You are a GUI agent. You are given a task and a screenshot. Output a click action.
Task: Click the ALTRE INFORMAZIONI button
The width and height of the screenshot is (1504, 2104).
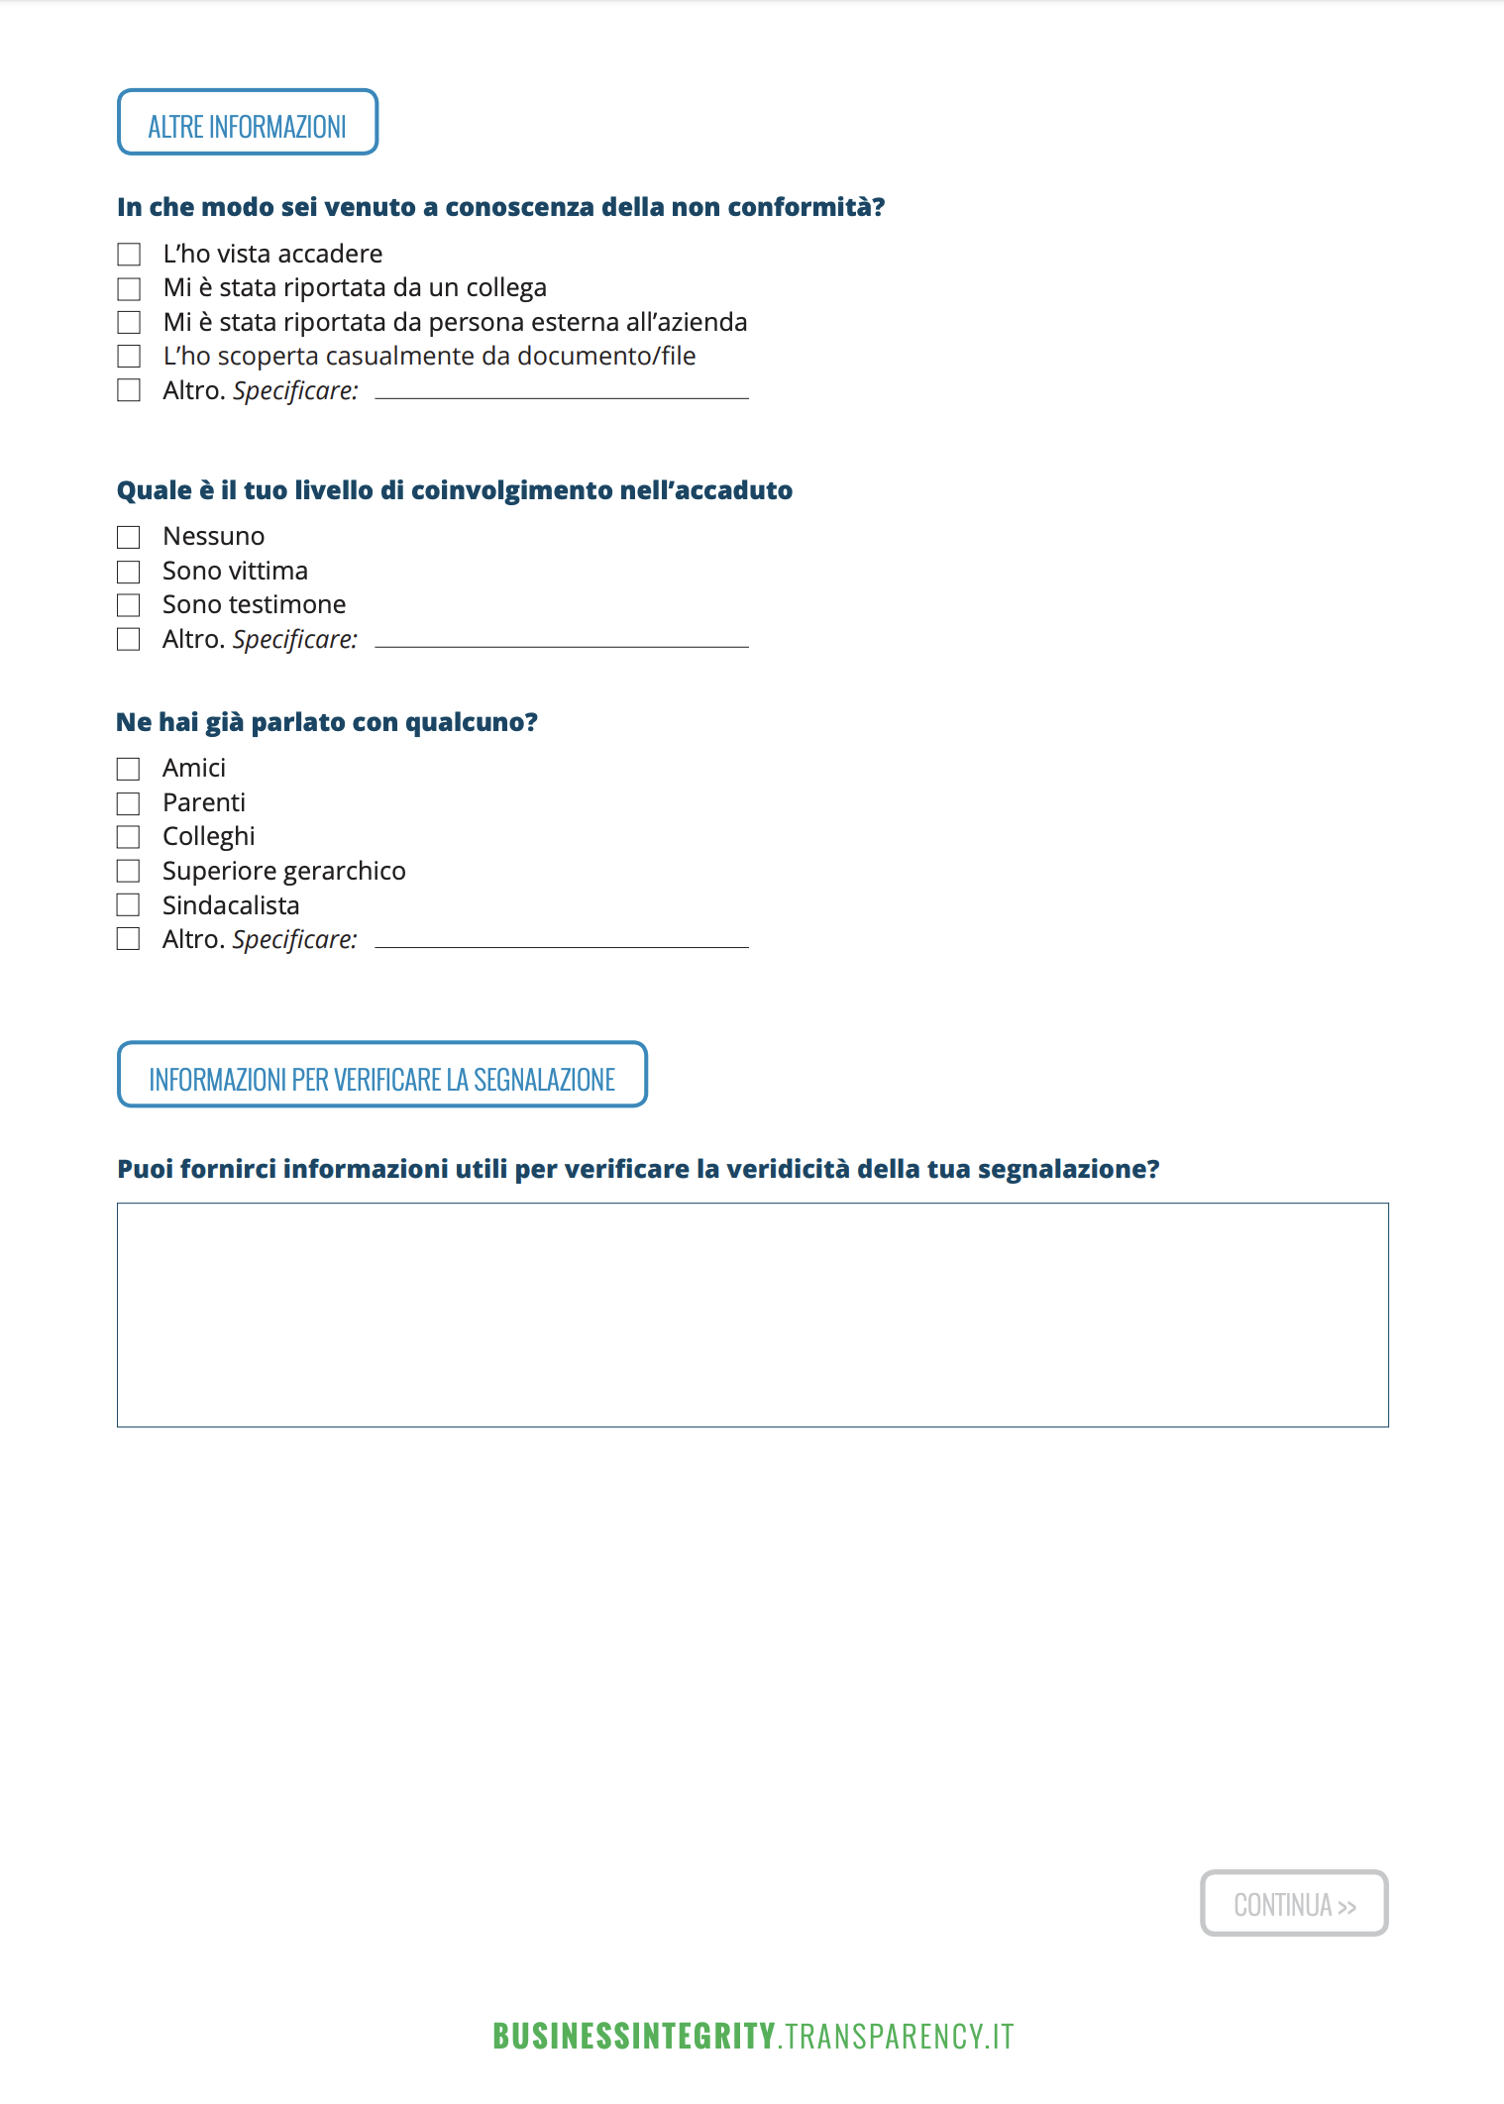click(x=248, y=123)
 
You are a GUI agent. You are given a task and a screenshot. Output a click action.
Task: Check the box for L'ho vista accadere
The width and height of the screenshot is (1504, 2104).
click(x=129, y=255)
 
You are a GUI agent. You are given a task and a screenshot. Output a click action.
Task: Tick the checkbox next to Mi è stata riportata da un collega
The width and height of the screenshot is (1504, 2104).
click(x=129, y=288)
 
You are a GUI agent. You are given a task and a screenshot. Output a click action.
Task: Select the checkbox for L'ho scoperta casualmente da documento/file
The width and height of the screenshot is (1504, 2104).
click(x=129, y=357)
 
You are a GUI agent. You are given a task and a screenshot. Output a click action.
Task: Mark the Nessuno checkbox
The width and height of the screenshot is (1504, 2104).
click(x=129, y=537)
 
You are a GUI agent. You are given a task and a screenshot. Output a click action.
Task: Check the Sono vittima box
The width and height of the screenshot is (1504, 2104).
click(x=129, y=572)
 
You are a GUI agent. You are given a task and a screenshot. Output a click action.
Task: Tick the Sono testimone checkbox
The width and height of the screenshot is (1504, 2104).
click(x=129, y=605)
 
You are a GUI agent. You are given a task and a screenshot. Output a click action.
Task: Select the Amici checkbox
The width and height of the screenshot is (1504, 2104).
click(x=129, y=769)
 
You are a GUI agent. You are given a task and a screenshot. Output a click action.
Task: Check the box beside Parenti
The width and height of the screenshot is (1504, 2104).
click(x=129, y=803)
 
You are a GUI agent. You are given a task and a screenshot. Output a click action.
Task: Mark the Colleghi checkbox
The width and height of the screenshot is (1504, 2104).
click(x=129, y=837)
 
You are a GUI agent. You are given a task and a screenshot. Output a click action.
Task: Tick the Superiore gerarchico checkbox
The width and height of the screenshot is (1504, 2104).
click(x=129, y=871)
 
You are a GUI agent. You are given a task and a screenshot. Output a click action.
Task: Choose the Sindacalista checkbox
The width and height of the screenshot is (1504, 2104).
click(x=129, y=905)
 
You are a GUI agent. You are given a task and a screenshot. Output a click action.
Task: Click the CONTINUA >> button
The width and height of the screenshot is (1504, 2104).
click(x=1293, y=1903)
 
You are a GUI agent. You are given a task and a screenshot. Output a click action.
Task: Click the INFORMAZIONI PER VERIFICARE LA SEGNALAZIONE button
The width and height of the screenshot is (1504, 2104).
click(x=381, y=1075)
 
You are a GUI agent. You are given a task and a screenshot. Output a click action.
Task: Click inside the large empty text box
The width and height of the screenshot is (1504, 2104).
click(x=752, y=1315)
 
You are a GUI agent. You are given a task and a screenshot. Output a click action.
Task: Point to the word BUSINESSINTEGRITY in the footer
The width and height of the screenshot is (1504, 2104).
click(x=634, y=2036)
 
